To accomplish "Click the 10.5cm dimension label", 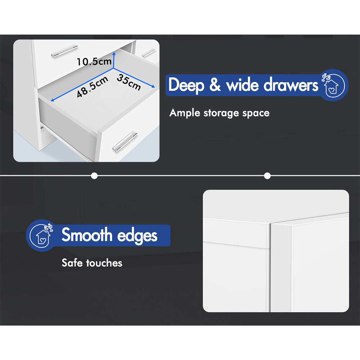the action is tap(94, 62).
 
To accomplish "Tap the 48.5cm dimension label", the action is tap(92, 87).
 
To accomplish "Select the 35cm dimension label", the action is tap(129, 82).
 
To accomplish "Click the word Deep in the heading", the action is tap(186, 85).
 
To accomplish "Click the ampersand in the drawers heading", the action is tap(215, 85).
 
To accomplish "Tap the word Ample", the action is tap(185, 113).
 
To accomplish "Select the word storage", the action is tap(221, 113).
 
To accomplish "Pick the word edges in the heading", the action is tap(137, 236).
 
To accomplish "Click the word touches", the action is tap(104, 263).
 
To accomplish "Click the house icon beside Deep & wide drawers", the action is tap(333, 85).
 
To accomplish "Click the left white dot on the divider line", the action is tap(94, 176).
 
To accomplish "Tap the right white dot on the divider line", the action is tap(267, 176).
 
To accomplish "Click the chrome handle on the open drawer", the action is tap(125, 141).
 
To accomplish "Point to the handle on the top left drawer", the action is tap(64, 51).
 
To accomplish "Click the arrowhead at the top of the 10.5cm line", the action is tap(114, 54).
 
